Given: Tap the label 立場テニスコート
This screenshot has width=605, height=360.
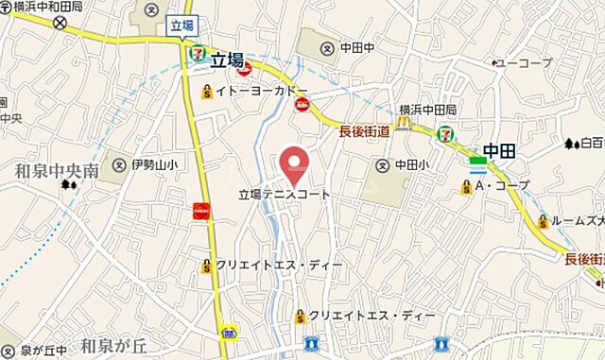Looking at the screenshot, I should point(284,195).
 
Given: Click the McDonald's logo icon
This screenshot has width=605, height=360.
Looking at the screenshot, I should point(404,123).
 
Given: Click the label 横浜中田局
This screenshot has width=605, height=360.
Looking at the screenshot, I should point(428,109).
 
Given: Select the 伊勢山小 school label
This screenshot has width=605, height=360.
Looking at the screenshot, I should point(154,164).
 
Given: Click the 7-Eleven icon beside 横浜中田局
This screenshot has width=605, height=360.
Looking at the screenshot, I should point(443,134).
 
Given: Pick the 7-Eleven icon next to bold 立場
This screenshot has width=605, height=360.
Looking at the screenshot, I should point(199,55).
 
